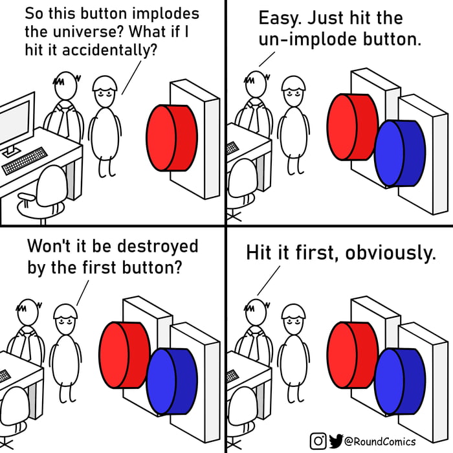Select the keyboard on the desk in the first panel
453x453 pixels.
[x=26, y=160]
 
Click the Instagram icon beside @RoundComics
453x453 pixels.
[x=318, y=441]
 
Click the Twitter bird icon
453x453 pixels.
[x=335, y=441]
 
